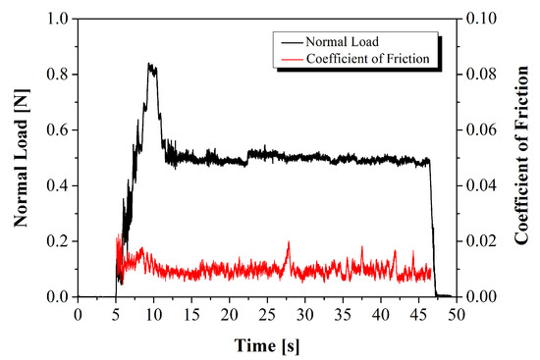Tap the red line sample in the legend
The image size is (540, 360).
pos(291,58)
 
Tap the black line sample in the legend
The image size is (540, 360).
pos(291,41)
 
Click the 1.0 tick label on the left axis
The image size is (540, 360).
pos(58,19)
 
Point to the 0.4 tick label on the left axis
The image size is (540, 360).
pos(58,185)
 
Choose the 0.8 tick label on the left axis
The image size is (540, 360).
pos(58,75)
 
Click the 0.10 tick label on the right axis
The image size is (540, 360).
pos(480,19)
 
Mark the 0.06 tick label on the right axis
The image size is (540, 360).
pos(480,130)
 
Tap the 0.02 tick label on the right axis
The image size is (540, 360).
pos(480,241)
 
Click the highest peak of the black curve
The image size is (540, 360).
pos(150,65)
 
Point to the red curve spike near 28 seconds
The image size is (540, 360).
pos(289,242)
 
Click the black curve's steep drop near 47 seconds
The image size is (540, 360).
pos(433,226)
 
